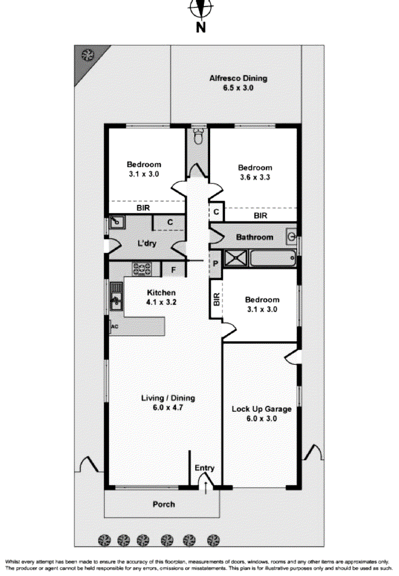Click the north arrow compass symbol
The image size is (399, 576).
coord(201,9)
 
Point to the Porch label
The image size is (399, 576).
coord(163,504)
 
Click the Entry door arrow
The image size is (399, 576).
coord(205,486)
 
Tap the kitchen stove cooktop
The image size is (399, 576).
coord(142,268)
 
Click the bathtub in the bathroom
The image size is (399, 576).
coord(273,259)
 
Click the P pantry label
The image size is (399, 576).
coord(216,263)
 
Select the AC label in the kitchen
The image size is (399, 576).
coord(114,326)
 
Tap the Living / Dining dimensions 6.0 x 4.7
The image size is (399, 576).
coord(168,407)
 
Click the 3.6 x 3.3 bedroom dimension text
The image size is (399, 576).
coord(254,177)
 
